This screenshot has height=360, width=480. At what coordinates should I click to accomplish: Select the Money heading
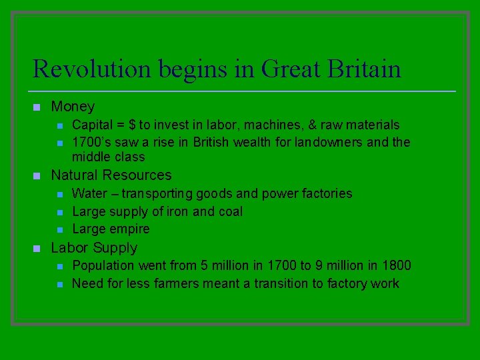point(73,107)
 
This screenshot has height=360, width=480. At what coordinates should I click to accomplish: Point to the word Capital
point(93,125)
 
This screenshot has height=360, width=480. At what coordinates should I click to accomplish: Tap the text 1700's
point(91,142)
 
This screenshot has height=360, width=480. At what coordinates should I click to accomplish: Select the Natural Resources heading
point(111,175)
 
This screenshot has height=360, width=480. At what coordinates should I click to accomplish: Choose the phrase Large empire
point(111,229)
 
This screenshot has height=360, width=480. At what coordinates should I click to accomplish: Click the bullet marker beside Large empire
point(59,229)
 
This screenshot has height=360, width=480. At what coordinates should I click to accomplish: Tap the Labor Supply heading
point(94,247)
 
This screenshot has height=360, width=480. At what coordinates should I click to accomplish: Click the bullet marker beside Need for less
point(59,283)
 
